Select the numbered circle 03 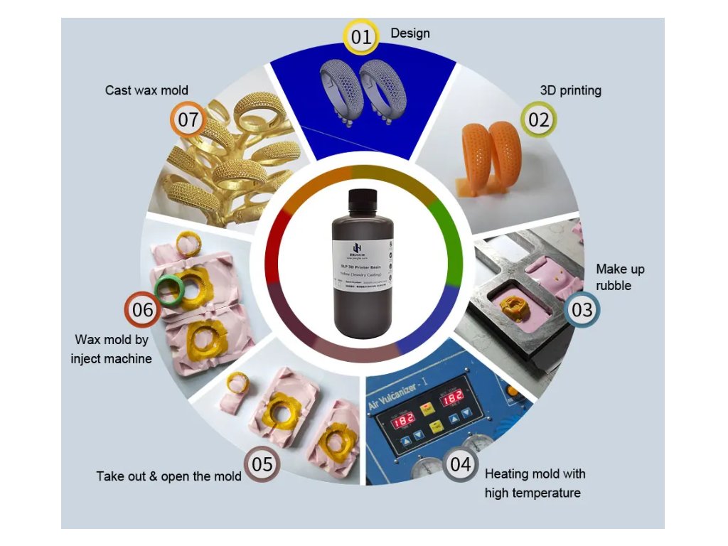582,310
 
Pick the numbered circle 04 461,465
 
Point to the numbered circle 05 262,465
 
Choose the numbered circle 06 143,310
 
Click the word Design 410,33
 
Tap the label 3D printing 570,90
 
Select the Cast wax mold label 146,90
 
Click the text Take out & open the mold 168,476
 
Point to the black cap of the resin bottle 363,198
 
